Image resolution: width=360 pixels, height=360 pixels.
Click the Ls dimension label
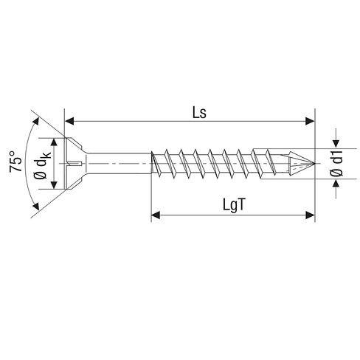click(x=199, y=113)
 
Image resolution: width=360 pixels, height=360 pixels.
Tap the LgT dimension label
click(x=234, y=205)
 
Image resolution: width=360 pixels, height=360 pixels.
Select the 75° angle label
click(x=15, y=162)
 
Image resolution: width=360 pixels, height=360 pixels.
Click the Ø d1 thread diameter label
click(x=336, y=164)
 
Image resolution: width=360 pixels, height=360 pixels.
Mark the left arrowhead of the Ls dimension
click(x=69, y=121)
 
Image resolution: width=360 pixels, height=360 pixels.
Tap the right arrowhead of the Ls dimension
click(x=310, y=121)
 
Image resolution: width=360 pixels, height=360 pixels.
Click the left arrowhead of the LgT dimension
click(x=156, y=215)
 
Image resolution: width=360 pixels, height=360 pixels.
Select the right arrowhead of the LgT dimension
click(x=310, y=215)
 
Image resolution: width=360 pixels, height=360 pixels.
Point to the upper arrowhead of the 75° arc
click(x=36, y=122)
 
